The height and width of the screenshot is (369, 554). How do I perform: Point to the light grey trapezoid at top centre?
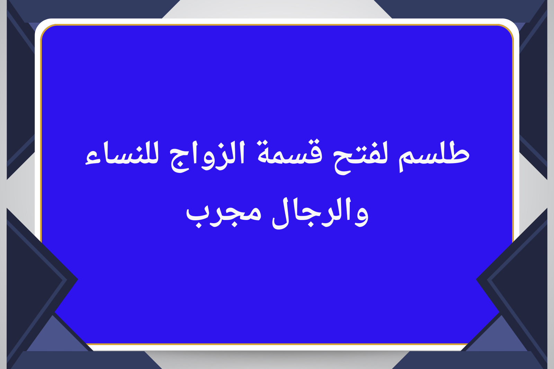277,9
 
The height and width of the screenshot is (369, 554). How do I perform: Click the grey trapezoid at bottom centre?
277,360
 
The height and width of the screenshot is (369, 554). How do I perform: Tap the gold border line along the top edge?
277,25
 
